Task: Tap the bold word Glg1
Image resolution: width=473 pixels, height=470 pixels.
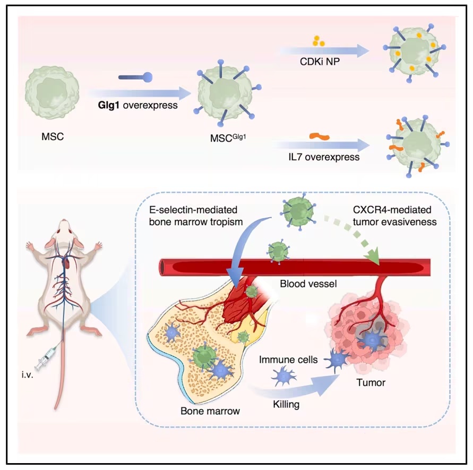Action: [x=109, y=106]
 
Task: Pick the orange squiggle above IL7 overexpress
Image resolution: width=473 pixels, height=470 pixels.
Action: [x=320, y=136]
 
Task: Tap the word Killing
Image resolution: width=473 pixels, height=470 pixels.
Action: [x=287, y=405]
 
